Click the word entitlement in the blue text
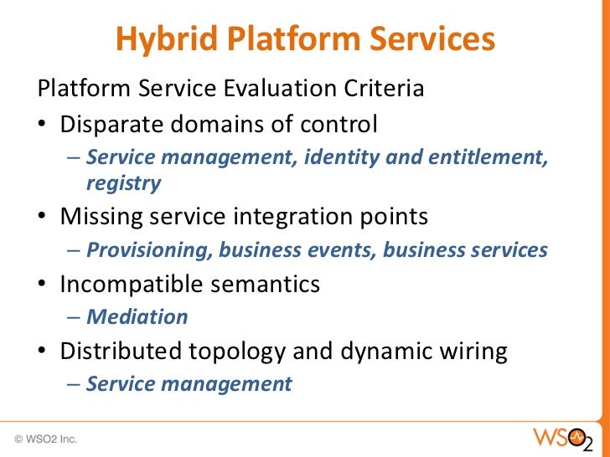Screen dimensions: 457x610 486,158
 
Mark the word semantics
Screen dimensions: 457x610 267,285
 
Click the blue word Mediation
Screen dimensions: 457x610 137,317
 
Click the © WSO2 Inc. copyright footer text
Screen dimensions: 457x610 45,438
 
